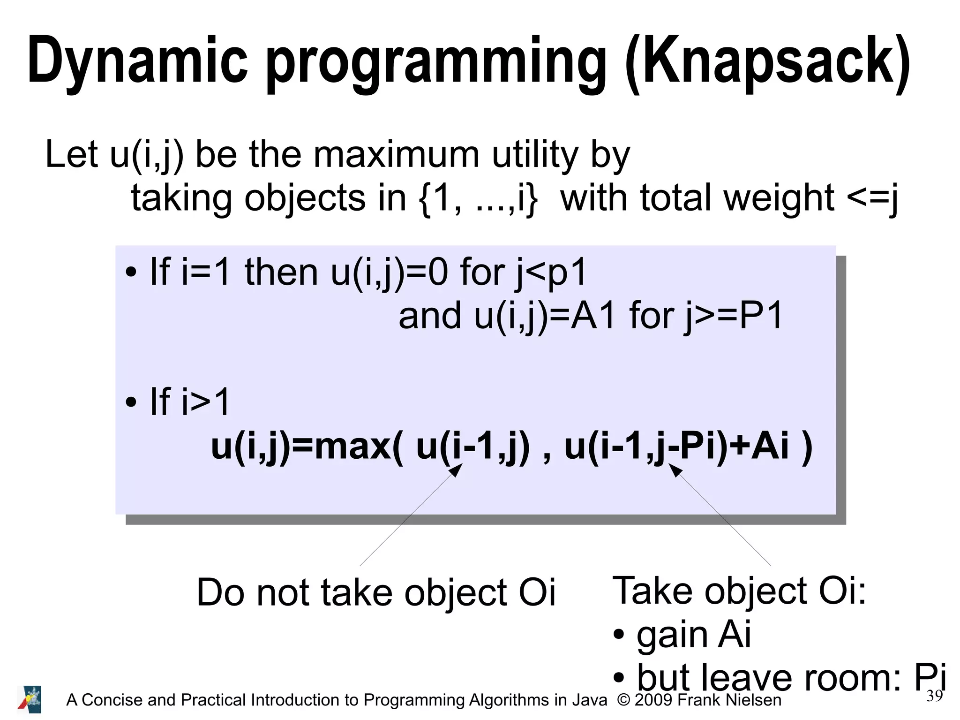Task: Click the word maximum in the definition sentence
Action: coord(397,155)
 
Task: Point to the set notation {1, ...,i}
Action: coord(478,198)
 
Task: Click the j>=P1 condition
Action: coord(734,316)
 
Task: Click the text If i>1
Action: coord(189,402)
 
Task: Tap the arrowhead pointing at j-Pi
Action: coord(675,470)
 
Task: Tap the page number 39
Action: coord(934,696)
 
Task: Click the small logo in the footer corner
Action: coord(30,699)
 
